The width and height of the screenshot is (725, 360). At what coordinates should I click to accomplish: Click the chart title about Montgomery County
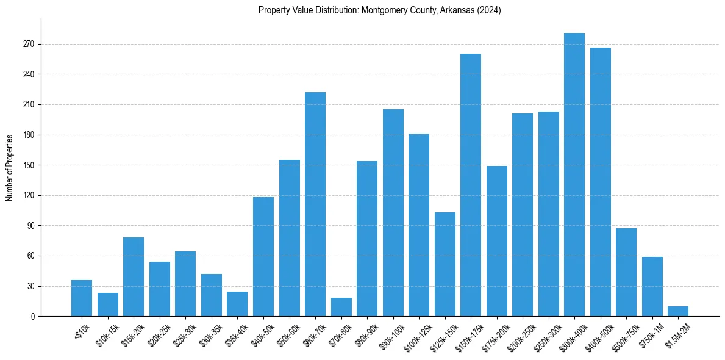(x=379, y=10)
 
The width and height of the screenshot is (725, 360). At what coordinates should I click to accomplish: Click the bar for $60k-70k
(x=315, y=204)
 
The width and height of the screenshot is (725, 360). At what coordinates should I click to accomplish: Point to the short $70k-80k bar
(x=341, y=307)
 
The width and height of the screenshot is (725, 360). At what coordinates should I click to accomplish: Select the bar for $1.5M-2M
(x=678, y=311)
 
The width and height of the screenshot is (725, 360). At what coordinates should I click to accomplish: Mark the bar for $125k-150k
(x=445, y=264)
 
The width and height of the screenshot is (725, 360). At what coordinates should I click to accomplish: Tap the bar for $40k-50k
(x=263, y=256)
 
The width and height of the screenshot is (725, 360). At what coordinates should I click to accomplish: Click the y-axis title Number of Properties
(x=9, y=168)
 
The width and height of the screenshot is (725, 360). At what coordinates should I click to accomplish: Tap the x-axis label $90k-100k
(x=391, y=335)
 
